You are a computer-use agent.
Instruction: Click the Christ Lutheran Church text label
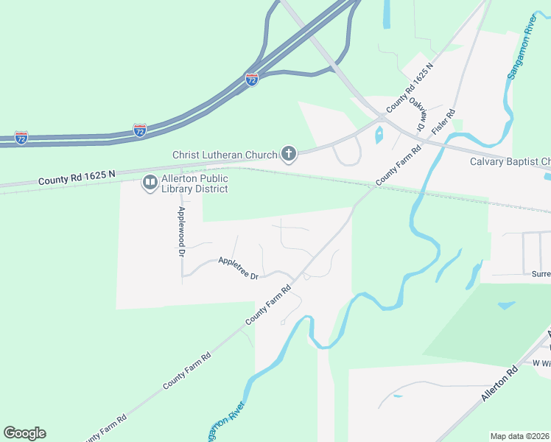click(x=225, y=155)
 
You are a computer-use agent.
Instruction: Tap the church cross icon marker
click(x=289, y=155)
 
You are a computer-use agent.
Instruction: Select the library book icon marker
click(x=150, y=181)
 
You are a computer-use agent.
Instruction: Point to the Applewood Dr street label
click(x=180, y=231)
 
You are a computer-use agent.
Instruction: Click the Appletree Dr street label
click(x=238, y=267)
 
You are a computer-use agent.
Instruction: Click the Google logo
click(x=24, y=433)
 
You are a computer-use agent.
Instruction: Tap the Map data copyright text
click(x=520, y=436)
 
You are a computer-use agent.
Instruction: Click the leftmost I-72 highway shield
click(x=21, y=138)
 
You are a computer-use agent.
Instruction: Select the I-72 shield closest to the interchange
click(x=252, y=79)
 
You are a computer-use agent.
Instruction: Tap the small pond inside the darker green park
click(x=506, y=305)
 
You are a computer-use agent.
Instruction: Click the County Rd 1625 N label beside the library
click(x=77, y=178)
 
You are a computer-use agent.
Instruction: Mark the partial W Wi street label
click(x=541, y=363)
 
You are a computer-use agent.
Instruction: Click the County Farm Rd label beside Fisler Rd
click(x=398, y=164)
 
